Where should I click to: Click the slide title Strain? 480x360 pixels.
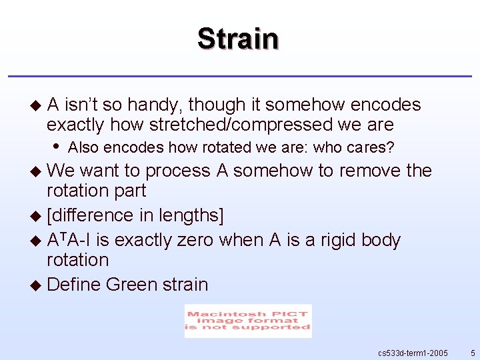tap(238, 39)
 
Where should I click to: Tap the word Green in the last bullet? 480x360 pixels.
tap(131, 285)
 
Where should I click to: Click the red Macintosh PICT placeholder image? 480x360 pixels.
tap(248, 321)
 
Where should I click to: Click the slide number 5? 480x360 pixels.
tap(472, 352)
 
